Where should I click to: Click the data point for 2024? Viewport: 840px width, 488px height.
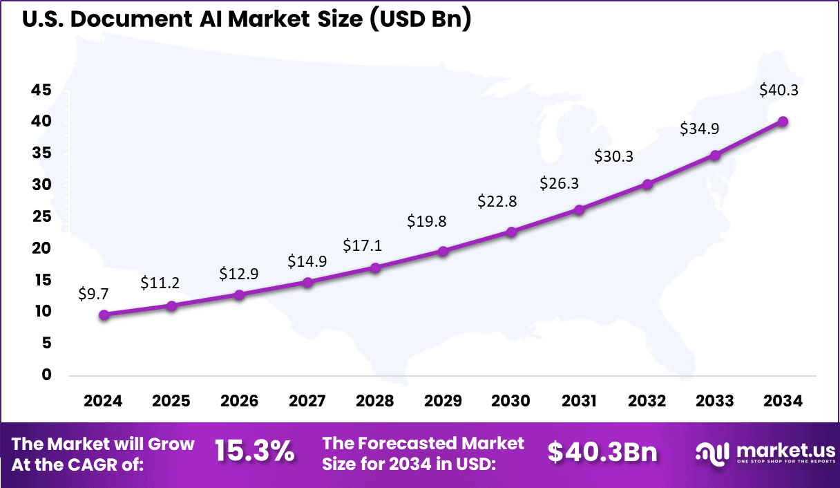tap(104, 315)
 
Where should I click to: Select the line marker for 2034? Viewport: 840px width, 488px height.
tap(783, 122)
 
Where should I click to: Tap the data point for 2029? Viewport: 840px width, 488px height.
tap(443, 252)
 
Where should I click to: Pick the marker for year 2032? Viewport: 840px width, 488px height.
tap(647, 185)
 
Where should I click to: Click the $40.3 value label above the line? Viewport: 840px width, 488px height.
tap(779, 90)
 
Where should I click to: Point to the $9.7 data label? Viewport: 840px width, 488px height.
tap(93, 294)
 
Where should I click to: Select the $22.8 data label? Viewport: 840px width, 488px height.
tap(497, 201)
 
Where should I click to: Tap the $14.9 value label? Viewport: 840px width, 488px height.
tap(307, 261)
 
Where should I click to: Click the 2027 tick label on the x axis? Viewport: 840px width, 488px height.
tap(307, 402)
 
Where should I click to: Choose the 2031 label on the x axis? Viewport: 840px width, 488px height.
tap(579, 402)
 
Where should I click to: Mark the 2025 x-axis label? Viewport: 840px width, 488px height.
tap(171, 402)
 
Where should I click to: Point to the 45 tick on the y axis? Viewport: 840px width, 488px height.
tap(41, 90)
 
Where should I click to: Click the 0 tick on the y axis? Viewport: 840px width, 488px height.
tap(46, 375)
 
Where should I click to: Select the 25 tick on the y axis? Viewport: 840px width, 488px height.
tap(41, 216)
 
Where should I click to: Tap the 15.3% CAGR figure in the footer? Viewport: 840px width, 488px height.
tap(254, 452)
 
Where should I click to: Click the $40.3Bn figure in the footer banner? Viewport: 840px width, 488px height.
tap(602, 452)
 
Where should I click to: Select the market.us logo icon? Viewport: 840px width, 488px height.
tap(712, 453)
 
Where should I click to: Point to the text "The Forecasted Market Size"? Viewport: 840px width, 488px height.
tap(423, 443)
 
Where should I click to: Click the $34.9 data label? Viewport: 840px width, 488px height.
tap(699, 129)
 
